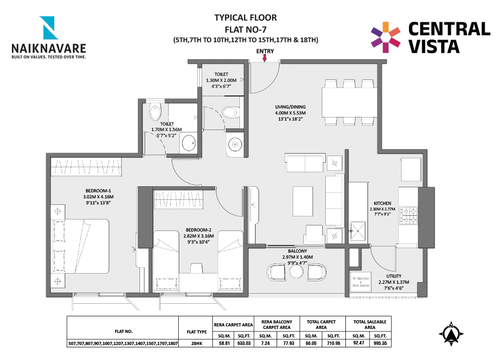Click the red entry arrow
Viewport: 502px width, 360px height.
point(265,59)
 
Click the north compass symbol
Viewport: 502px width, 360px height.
point(451,334)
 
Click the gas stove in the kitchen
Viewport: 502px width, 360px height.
point(410,216)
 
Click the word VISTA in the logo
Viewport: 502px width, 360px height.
point(434,47)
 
